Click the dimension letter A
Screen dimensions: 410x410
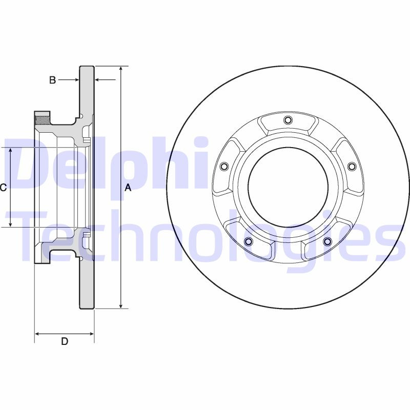click(x=128, y=188)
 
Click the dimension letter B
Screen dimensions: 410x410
click(x=52, y=80)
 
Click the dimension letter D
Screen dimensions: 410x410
click(x=65, y=342)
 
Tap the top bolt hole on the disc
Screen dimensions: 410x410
click(x=288, y=120)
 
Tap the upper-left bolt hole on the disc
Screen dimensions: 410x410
click(x=223, y=167)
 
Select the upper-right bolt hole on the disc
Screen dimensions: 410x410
click(x=352, y=167)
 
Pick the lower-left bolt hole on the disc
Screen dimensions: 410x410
click(x=249, y=241)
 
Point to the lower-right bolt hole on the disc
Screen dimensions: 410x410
click(x=327, y=241)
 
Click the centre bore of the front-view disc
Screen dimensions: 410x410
click(x=288, y=188)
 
